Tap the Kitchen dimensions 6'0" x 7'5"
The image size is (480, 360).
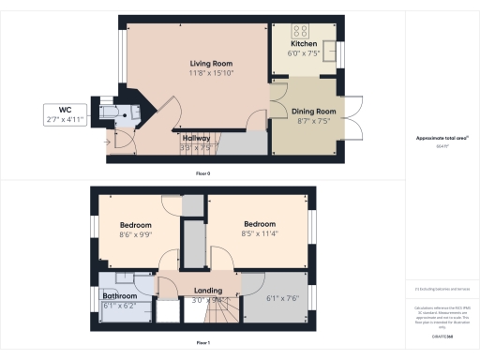coord(304,54)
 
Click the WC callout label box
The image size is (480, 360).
coord(65,115)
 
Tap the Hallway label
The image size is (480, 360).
coord(196,137)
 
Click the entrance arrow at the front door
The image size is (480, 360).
coord(113,142)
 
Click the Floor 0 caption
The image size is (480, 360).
coord(202,173)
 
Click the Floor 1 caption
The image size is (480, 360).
coord(202,343)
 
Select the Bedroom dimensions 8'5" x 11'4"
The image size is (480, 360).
coord(259,235)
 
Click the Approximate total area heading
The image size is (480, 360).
coord(442,138)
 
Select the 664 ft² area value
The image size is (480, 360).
coord(442,146)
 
